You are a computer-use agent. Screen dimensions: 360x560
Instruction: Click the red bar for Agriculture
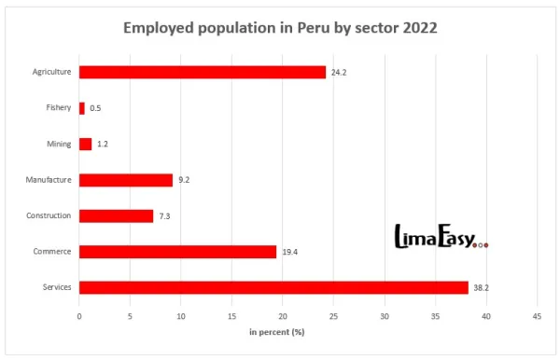tap(203, 72)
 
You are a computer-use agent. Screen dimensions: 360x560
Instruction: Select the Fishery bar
tap(82, 108)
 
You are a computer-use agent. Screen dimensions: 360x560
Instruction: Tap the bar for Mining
tap(86, 144)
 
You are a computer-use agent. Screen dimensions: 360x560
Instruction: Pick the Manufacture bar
tap(126, 180)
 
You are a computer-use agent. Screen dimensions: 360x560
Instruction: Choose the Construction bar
tap(116, 215)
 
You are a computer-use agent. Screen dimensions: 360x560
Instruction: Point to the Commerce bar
tap(177, 252)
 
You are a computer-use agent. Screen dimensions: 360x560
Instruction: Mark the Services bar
tap(273, 287)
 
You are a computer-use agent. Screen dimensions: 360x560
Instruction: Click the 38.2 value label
tap(481, 287)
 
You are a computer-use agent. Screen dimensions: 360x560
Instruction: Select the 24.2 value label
tap(339, 72)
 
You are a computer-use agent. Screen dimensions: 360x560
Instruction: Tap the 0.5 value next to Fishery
tap(95, 108)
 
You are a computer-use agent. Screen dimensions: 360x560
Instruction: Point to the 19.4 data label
tap(290, 252)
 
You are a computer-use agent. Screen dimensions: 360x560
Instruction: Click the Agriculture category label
tap(51, 72)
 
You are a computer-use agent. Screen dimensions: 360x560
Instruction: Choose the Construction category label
tap(49, 215)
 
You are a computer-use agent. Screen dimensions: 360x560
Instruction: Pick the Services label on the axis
tap(56, 287)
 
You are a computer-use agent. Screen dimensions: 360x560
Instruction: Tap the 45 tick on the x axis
tap(536, 317)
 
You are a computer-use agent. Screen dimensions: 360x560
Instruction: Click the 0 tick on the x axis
tap(79, 317)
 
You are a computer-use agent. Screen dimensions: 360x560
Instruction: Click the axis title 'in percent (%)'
tap(277, 333)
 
